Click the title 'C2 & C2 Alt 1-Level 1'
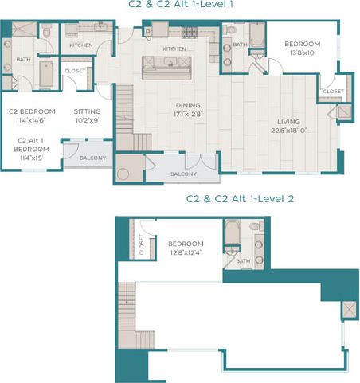point(181,5)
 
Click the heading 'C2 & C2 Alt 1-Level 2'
point(240,198)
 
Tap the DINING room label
point(188,105)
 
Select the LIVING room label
point(288,122)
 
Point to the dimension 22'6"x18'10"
point(288,131)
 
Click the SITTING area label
point(87,111)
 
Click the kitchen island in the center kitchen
point(166,68)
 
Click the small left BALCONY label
point(93,158)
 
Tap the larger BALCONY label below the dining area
point(183,174)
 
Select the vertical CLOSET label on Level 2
point(142,244)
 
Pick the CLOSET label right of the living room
point(334,92)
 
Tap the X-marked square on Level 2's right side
point(348,309)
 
